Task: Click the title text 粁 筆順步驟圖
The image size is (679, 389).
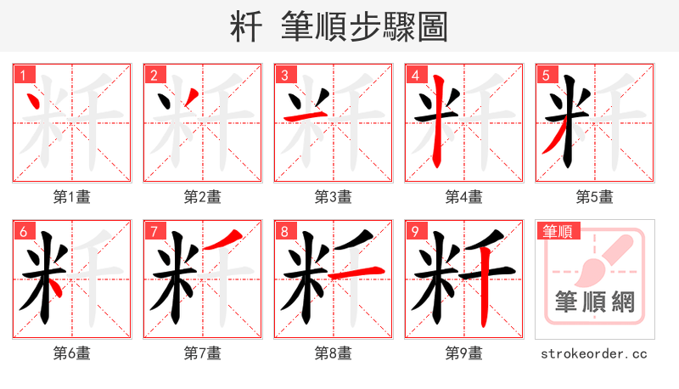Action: point(339,26)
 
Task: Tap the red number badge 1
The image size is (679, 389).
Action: point(22,75)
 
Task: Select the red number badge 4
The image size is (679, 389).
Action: point(414,75)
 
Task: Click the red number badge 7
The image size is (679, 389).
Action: point(153,231)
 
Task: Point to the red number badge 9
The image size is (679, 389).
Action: point(414,231)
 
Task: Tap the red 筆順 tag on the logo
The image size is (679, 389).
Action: point(557,231)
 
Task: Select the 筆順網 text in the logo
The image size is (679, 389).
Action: point(594,303)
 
